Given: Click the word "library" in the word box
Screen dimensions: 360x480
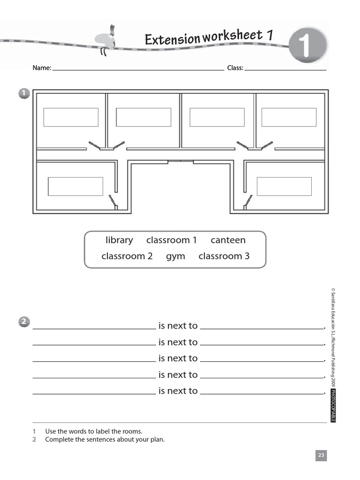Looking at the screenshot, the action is (x=119, y=240).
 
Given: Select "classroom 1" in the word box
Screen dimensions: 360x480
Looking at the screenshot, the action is (x=172, y=240).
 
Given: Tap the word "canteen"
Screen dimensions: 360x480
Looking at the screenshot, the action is (x=228, y=240).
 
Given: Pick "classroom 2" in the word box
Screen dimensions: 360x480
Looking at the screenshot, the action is (x=127, y=256).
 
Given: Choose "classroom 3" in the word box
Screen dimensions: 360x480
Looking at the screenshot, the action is (x=224, y=256).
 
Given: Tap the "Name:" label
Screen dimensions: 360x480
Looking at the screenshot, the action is (x=42, y=68).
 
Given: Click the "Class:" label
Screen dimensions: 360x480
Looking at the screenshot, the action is (x=235, y=68).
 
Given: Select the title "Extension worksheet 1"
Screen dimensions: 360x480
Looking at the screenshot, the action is (x=209, y=37).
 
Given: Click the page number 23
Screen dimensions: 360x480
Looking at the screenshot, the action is (x=321, y=455).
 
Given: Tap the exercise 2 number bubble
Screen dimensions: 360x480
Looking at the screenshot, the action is (x=24, y=322).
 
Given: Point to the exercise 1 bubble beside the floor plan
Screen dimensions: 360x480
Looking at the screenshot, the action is (x=24, y=94).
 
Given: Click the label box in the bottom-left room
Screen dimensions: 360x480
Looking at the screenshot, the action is (x=75, y=187).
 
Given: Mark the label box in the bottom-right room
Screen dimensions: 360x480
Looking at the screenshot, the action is (x=284, y=187).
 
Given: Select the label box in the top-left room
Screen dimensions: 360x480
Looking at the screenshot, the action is (x=71, y=117).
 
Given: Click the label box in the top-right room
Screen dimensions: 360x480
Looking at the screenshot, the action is (x=289, y=117).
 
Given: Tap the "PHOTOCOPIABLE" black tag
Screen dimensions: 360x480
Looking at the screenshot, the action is (x=333, y=405).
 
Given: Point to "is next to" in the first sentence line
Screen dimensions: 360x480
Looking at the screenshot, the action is (x=178, y=326).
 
